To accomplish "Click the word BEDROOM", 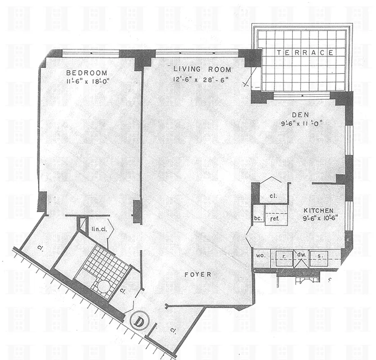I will (87, 73).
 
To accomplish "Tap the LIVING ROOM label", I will (202, 69).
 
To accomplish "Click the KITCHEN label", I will (318, 211).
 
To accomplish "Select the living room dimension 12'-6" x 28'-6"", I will (202, 80).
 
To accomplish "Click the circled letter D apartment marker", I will (139, 321).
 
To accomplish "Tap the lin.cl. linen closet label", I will (98, 229).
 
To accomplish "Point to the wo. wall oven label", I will (260, 255).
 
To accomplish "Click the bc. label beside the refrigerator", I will (258, 219).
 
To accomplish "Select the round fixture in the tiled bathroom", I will (104, 287).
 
